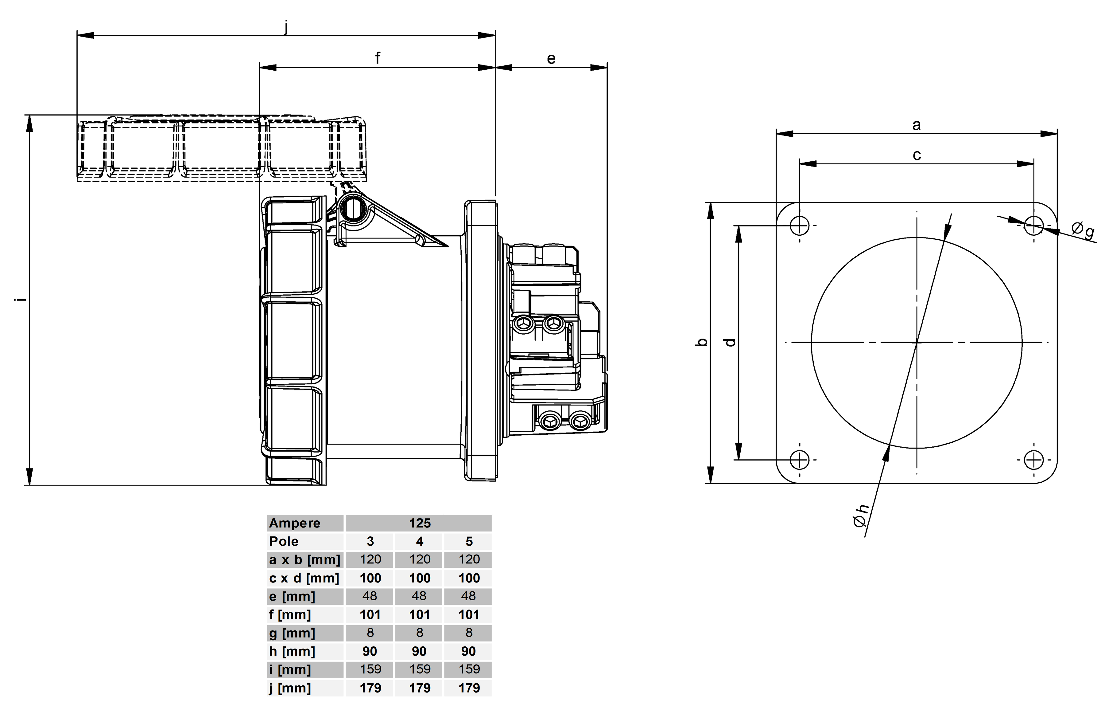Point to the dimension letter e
point(551,59)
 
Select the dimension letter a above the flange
point(916,125)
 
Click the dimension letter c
point(917,155)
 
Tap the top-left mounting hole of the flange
point(800,226)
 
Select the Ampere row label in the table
point(295,523)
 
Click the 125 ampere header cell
point(420,523)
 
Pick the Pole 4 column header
point(419,541)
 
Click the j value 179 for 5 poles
point(469,688)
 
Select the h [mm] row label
point(292,651)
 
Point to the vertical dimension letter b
point(702,342)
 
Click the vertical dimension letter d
point(731,342)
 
